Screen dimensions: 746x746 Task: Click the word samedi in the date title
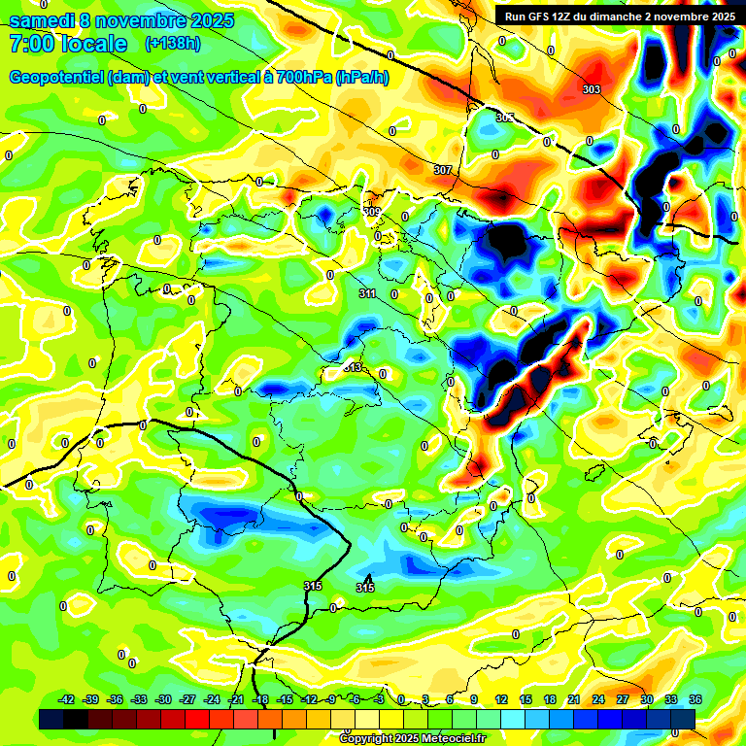[45, 19]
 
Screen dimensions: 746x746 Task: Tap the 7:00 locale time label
[68, 44]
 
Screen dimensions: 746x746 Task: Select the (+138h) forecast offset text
[173, 44]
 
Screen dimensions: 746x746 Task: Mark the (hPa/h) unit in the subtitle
[361, 78]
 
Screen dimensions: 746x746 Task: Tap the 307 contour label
[443, 170]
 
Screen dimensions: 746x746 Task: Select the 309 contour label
[371, 212]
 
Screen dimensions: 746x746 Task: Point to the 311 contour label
[366, 293]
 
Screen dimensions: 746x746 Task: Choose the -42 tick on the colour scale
[67, 699]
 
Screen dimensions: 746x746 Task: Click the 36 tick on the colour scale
[695, 699]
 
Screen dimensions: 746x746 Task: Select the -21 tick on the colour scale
[236, 699]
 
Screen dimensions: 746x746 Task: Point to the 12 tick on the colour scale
[501, 699]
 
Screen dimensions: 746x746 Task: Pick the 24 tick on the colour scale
[598, 699]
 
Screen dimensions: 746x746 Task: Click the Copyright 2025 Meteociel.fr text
[411, 738]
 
